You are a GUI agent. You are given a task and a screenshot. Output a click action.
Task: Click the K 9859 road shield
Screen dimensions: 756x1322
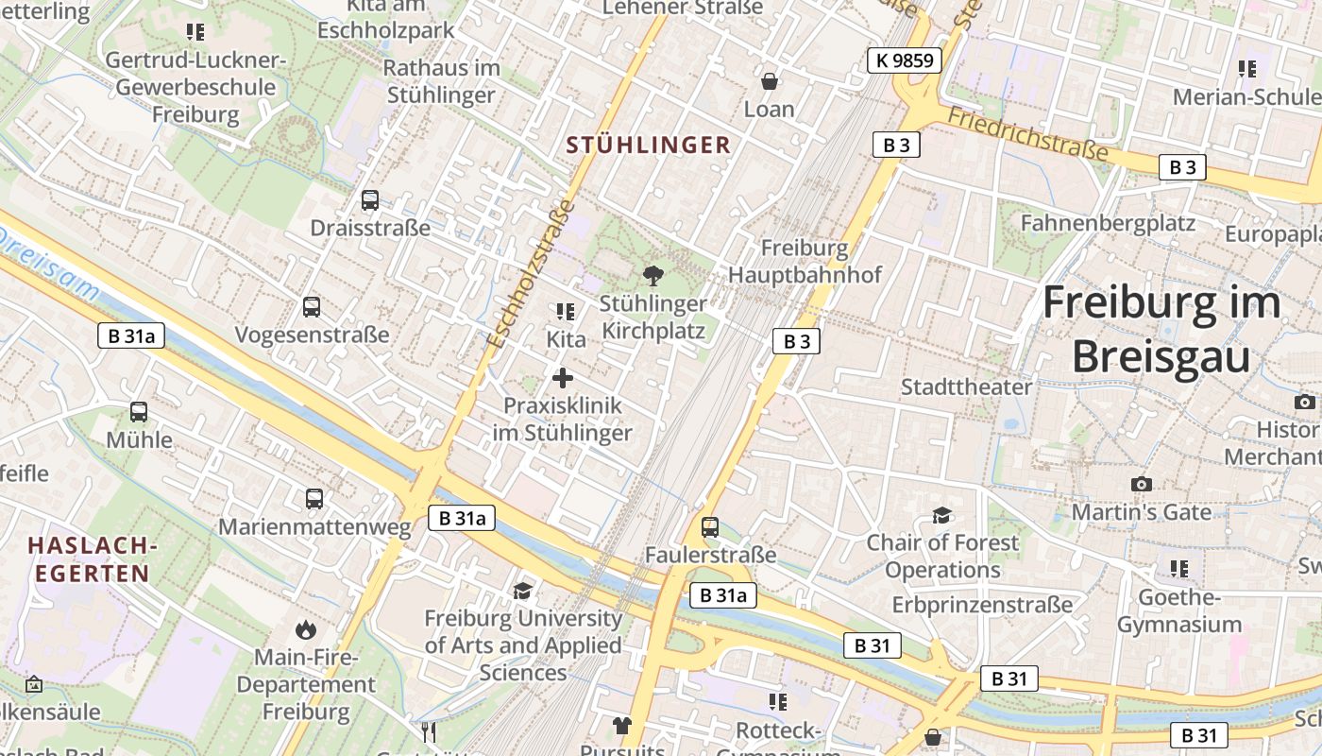coord(905,61)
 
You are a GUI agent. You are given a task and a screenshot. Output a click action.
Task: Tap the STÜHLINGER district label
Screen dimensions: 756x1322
coord(648,145)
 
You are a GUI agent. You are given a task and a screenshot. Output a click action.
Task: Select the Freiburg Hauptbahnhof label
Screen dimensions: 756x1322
coord(805,262)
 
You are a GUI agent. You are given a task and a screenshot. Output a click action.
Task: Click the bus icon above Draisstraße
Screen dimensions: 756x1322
coord(370,200)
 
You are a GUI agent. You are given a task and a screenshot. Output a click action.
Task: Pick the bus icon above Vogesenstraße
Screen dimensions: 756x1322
coord(312,307)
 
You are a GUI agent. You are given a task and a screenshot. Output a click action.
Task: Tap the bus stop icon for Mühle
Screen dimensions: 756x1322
coord(139,412)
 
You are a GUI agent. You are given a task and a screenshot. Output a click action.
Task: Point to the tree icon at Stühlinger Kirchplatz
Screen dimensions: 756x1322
coord(652,276)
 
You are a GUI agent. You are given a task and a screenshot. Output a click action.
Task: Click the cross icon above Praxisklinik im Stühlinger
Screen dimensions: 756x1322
coord(563,378)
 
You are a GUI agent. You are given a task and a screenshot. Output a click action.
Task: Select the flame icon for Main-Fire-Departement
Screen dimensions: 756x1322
coord(305,629)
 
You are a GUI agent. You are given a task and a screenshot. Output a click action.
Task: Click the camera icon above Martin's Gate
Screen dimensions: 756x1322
coord(1142,484)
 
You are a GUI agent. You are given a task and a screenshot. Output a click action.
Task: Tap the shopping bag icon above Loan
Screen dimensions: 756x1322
coord(770,81)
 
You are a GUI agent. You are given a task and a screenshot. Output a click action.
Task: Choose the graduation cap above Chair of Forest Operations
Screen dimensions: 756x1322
coord(941,515)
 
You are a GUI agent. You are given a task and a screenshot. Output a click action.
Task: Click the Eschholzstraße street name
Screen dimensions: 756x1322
coord(530,274)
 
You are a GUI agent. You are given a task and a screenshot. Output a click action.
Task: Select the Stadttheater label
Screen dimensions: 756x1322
coord(966,387)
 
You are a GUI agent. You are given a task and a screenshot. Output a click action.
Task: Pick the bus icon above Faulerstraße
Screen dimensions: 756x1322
coord(710,527)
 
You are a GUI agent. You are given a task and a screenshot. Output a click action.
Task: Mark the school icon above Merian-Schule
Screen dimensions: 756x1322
coord(1247,69)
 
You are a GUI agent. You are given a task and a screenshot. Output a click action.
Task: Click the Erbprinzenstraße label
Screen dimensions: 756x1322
coord(982,604)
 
